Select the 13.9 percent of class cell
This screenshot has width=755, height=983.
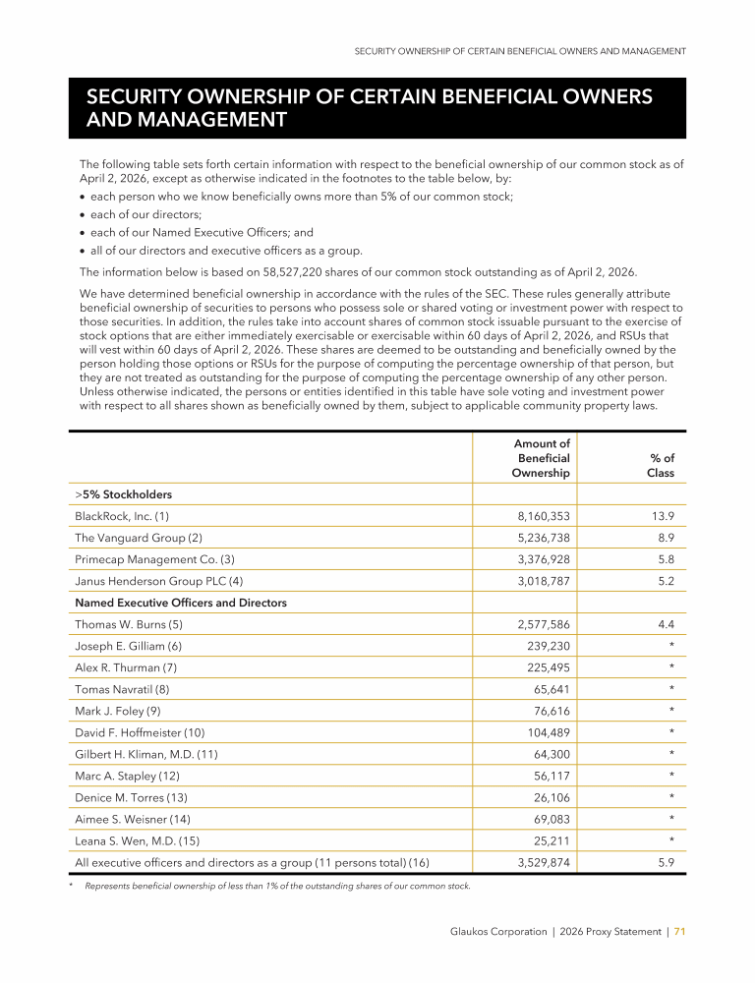[x=664, y=516]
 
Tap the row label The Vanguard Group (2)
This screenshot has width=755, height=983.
[x=139, y=538]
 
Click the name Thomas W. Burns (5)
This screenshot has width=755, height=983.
[x=129, y=624]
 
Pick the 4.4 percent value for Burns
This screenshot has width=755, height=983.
[x=666, y=624]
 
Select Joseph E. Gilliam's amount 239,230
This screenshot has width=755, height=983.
[x=548, y=646]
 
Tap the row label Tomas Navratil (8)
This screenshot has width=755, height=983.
[x=122, y=689]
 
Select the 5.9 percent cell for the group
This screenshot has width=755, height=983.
[x=666, y=862]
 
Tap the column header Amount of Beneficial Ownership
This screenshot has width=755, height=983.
[x=541, y=459]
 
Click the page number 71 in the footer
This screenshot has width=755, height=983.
[x=679, y=932]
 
